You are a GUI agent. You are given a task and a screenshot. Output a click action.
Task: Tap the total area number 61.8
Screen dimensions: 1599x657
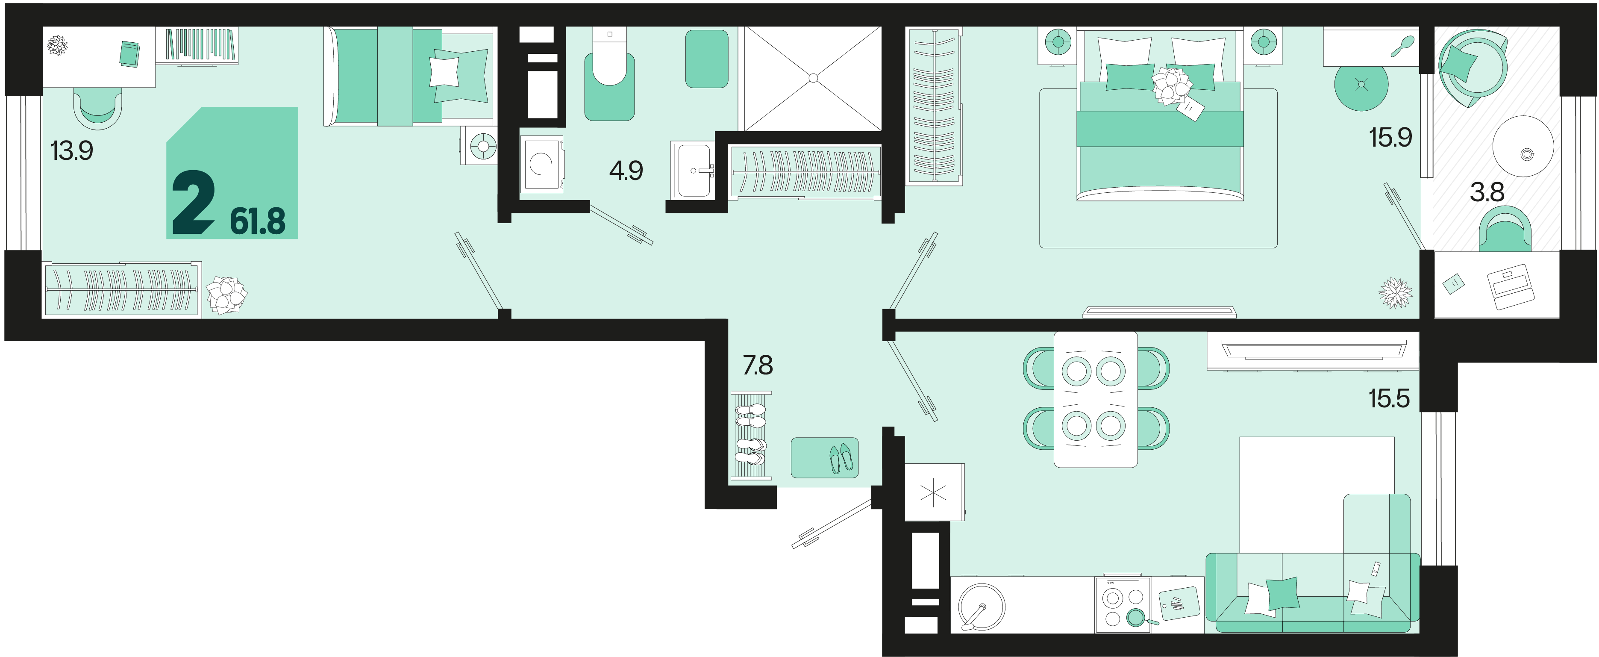[x=258, y=221]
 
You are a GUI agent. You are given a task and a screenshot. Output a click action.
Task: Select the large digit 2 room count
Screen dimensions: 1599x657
[x=194, y=203]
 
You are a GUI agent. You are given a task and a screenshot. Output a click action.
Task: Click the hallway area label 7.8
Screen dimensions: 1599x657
[x=758, y=365]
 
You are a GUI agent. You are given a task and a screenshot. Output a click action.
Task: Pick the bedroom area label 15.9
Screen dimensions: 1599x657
[x=1390, y=137]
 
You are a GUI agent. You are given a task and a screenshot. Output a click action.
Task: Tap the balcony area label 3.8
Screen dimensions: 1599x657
[x=1487, y=192]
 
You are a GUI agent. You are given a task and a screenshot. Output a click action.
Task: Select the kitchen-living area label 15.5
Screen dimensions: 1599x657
[x=1389, y=398]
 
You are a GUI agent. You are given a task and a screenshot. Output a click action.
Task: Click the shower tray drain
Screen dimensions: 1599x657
[x=813, y=78]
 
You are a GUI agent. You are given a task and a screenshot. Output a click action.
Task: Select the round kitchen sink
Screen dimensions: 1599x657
[x=982, y=607]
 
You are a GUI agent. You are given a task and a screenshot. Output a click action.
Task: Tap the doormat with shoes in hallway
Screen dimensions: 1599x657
[x=824, y=458]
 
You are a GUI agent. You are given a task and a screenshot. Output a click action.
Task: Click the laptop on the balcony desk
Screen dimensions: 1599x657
[x=1510, y=287]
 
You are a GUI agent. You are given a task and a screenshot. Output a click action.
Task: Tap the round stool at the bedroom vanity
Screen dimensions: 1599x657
[x=1361, y=85]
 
